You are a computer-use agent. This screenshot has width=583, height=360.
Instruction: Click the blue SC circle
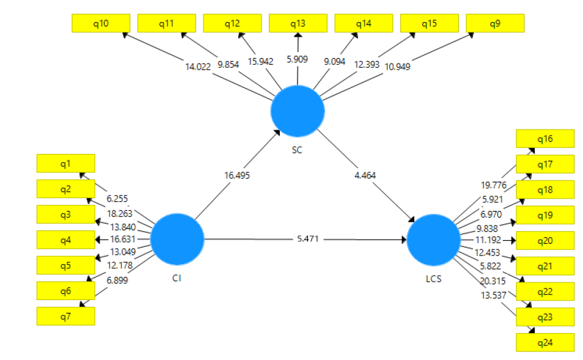tap(298, 111)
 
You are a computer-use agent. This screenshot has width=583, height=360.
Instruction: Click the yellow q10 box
tap(101, 23)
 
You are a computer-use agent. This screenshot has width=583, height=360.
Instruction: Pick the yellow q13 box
tap(298, 23)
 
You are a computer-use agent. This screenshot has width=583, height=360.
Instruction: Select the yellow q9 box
tap(494, 23)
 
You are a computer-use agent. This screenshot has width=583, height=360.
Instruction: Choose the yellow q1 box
tap(65, 163)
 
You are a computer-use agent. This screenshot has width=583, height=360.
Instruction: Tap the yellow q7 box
tap(65, 316)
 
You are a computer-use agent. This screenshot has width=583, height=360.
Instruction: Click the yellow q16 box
tap(545, 139)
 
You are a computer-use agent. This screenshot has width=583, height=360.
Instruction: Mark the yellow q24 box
tap(545, 342)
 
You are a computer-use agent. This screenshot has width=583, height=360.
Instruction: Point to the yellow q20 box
tap(545, 241)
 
